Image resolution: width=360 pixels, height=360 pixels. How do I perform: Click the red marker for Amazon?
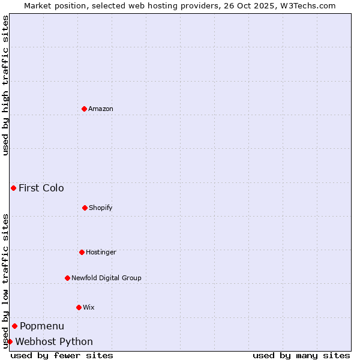pyautogui.click(x=84, y=109)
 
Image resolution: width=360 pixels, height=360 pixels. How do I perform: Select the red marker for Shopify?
pyautogui.click(x=85, y=208)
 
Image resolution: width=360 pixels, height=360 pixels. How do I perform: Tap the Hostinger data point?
pyautogui.click(x=82, y=252)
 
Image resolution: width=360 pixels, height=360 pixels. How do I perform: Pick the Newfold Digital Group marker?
pyautogui.click(x=67, y=278)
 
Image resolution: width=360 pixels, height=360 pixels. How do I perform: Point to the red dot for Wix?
pyautogui.click(x=79, y=307)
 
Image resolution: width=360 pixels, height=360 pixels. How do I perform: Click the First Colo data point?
pyautogui.click(x=13, y=188)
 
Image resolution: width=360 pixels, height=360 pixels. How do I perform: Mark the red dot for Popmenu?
pyautogui.click(x=14, y=326)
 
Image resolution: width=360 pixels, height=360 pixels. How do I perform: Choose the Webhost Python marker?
pyautogui.click(x=10, y=341)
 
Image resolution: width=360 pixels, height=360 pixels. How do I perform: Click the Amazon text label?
pyautogui.click(x=101, y=109)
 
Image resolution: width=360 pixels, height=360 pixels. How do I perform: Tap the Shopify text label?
pyautogui.click(x=101, y=208)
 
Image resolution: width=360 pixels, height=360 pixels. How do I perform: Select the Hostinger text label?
pyautogui.click(x=101, y=252)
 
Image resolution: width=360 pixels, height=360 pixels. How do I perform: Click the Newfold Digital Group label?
pyautogui.click(x=106, y=278)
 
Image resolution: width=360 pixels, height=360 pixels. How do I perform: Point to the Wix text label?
pyautogui.click(x=89, y=307)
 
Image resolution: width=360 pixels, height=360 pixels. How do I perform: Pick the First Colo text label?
pyautogui.click(x=41, y=188)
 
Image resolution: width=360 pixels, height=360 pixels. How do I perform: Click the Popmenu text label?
pyautogui.click(x=42, y=326)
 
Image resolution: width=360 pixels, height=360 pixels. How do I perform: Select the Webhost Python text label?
pyautogui.click(x=54, y=341)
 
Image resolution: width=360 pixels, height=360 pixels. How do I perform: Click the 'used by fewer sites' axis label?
pyautogui.click(x=62, y=355)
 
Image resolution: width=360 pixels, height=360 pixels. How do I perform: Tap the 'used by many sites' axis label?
pyautogui.click(x=301, y=355)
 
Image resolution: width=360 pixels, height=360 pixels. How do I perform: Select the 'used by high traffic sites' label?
pyautogui.click(x=5, y=85)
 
